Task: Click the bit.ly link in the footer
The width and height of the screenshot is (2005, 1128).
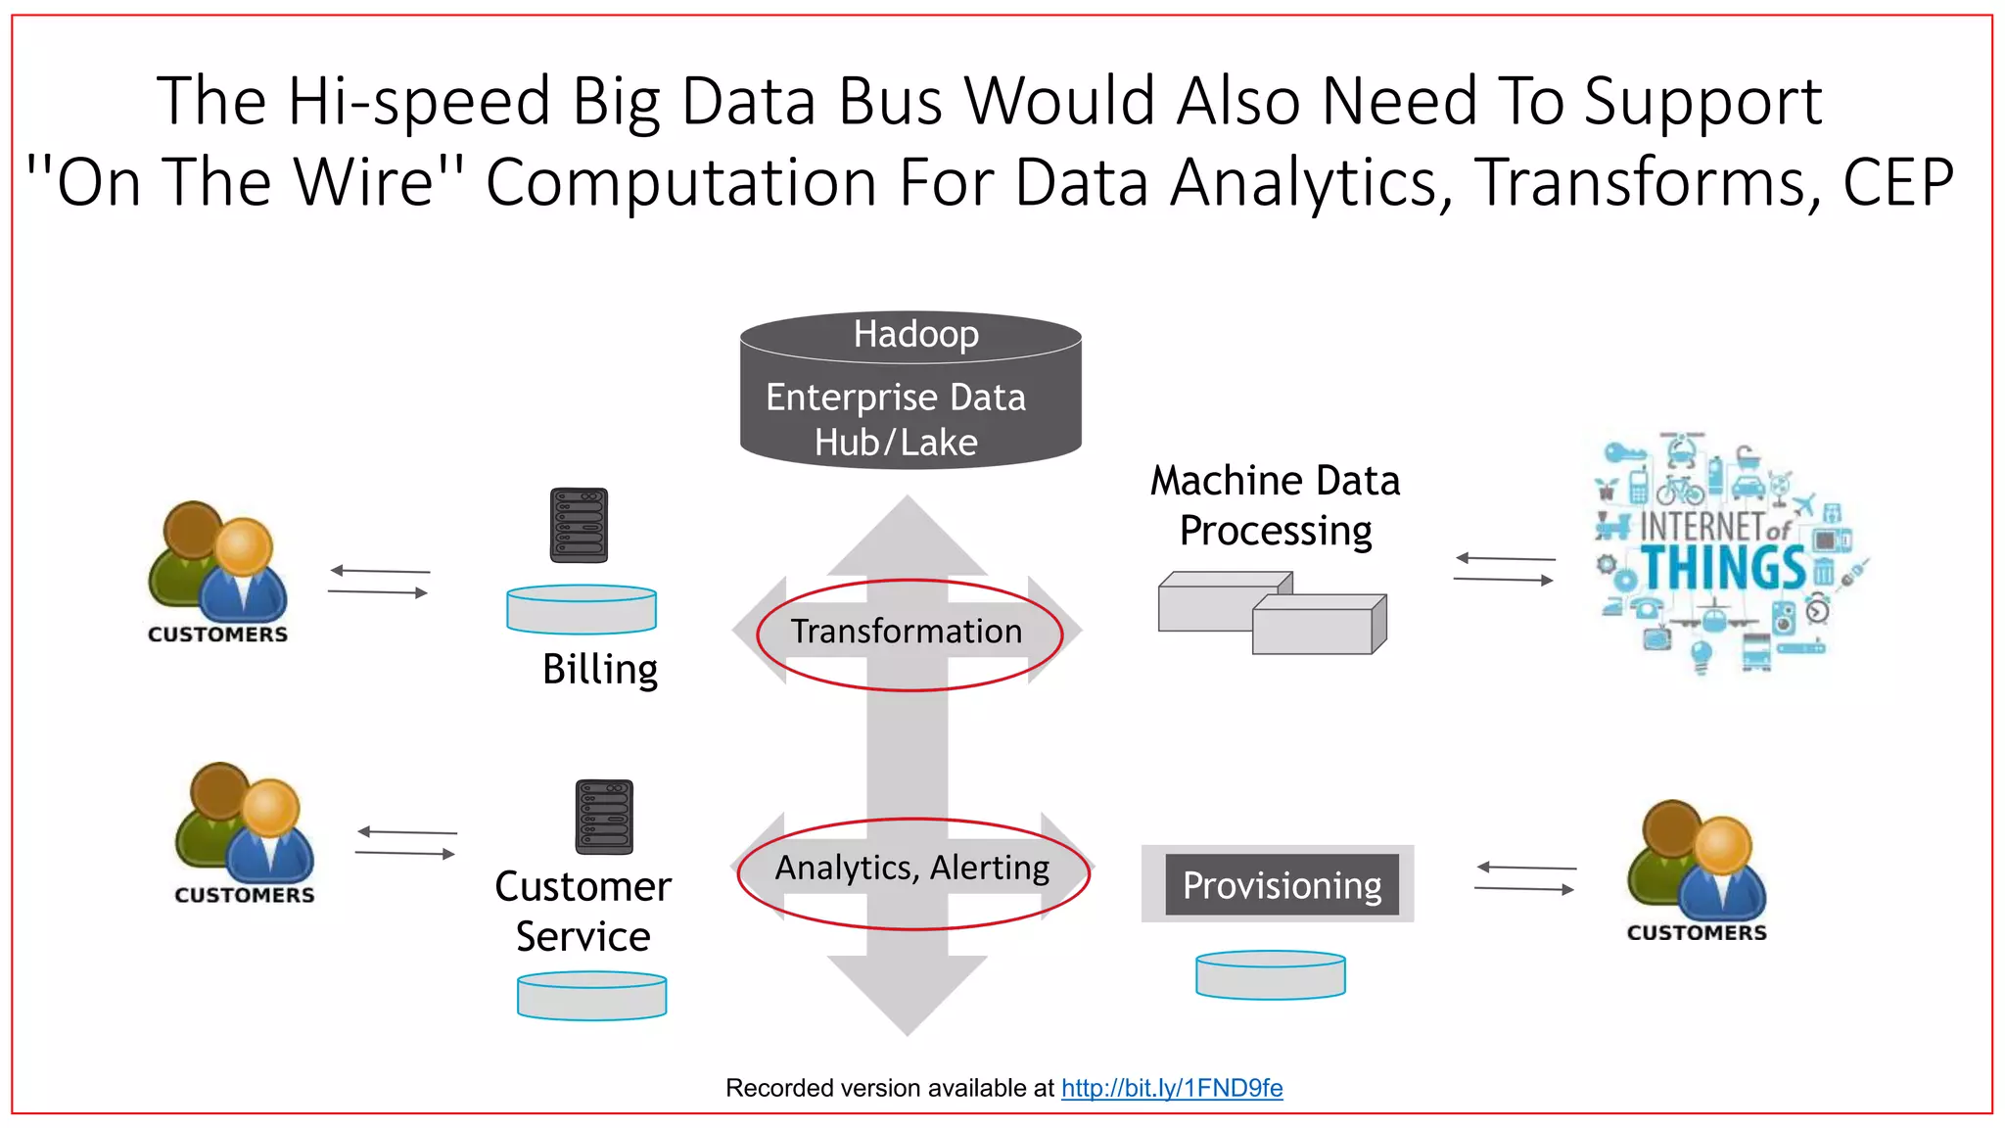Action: coord(1172,1088)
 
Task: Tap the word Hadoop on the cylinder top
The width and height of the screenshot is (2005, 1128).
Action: coord(915,335)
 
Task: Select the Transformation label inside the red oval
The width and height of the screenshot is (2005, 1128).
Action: coord(907,632)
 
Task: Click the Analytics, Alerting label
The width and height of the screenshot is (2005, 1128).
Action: coord(912,869)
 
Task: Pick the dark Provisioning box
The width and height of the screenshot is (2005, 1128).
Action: coord(1282,885)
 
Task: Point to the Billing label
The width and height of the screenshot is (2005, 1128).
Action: coord(600,670)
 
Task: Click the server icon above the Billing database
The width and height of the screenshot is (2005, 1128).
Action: coord(579,525)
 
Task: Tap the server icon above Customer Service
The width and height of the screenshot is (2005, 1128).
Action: coord(604,817)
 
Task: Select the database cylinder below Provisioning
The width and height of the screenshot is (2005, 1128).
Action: coord(1271,975)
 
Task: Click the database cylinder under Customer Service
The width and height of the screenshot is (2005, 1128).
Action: coord(592,996)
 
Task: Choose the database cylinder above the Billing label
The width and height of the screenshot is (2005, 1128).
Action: coord(582,609)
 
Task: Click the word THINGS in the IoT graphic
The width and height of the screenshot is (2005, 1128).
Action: coord(1723,569)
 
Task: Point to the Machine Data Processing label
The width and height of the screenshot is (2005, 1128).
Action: coord(1275,505)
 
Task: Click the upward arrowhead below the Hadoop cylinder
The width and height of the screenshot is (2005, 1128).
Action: coord(908,534)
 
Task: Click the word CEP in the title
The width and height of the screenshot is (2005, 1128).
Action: coord(1898,182)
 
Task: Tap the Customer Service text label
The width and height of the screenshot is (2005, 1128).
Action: coord(583,911)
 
